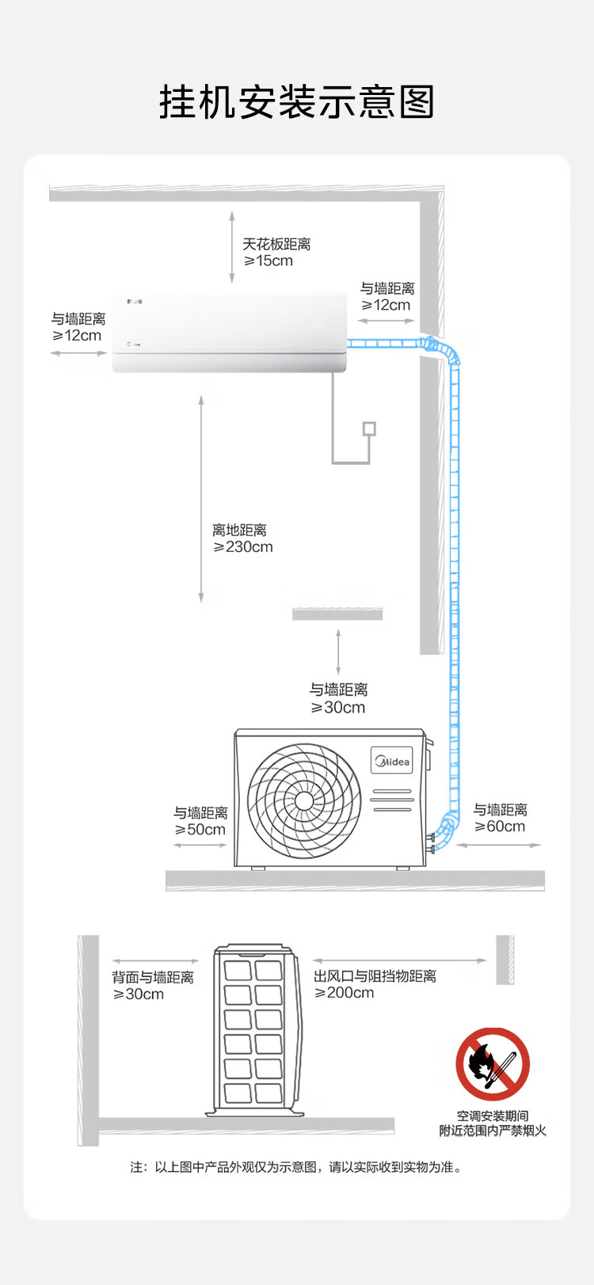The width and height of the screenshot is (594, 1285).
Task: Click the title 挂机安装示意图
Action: (297, 102)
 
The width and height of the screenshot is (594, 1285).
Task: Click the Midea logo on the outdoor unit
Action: (392, 761)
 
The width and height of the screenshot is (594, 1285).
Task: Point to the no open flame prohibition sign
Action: (492, 1064)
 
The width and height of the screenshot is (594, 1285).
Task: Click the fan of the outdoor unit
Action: (304, 800)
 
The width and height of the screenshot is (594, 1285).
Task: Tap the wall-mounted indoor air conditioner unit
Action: (229, 332)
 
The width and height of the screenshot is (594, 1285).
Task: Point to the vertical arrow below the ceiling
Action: (232, 246)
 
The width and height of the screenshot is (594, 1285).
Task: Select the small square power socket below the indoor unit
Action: (369, 428)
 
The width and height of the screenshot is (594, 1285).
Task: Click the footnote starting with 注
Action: (296, 1167)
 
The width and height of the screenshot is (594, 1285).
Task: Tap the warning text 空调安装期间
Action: (493, 1116)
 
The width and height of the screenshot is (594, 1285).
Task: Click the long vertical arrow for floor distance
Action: (201, 499)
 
